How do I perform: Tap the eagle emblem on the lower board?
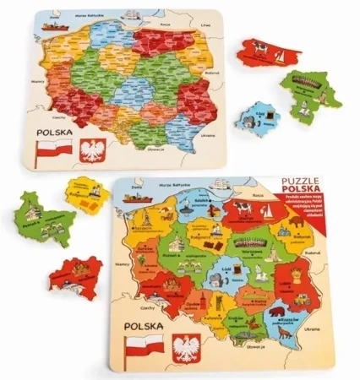pyautogui.click(x=186, y=349)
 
